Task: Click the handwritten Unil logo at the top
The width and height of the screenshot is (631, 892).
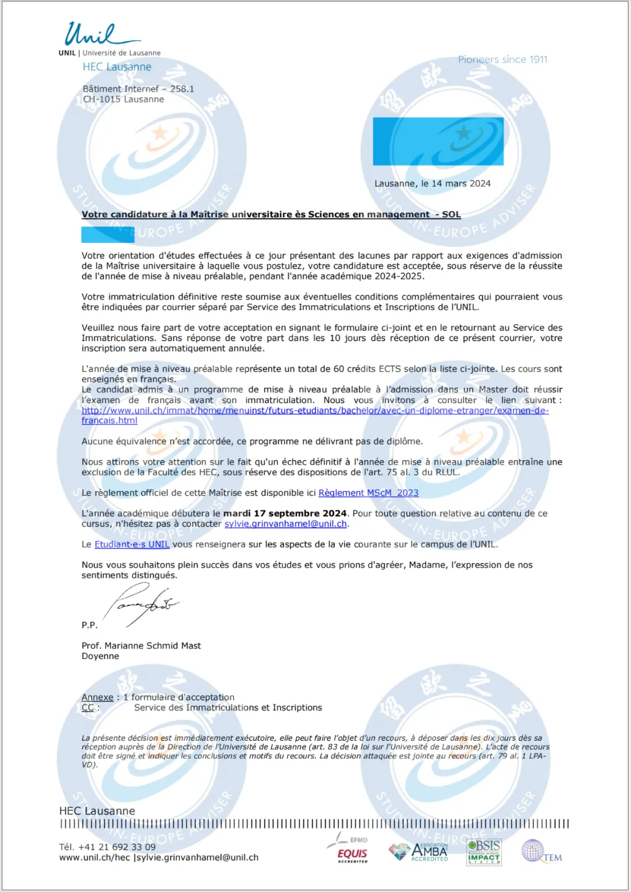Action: [96, 35]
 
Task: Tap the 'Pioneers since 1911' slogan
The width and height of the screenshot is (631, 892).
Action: [502, 60]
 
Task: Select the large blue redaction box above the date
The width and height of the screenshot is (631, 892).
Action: [438, 141]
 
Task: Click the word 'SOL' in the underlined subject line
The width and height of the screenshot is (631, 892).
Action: [451, 214]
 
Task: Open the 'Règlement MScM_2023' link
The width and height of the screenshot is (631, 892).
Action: [368, 493]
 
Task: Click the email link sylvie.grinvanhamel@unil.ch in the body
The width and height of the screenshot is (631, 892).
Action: [286, 524]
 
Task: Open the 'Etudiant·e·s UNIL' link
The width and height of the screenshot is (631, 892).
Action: [132, 544]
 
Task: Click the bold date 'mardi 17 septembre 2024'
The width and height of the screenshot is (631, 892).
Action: [285, 513]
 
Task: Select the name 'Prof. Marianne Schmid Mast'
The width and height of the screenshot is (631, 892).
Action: [141, 646]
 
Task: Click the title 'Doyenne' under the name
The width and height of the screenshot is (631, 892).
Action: [100, 657]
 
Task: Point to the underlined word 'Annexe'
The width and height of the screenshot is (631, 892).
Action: [98, 697]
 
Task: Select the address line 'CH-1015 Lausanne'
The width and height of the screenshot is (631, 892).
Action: [123, 99]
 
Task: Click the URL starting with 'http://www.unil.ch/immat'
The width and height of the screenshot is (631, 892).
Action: [315, 411]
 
